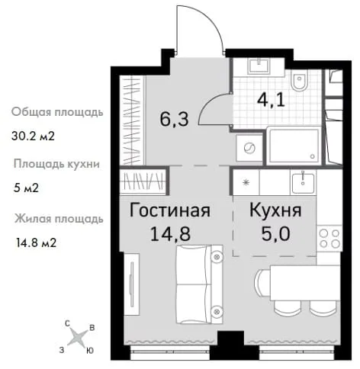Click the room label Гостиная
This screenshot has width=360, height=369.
point(170,210)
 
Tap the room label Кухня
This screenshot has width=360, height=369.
point(275,210)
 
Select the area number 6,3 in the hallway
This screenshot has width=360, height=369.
point(175,119)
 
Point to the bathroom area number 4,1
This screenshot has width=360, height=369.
point(271,100)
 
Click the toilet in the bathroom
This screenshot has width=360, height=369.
point(299,79)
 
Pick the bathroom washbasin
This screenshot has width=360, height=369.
point(259,66)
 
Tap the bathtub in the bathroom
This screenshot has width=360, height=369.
point(294,146)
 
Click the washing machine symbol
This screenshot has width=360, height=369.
point(249,148)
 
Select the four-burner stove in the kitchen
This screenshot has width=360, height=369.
point(329,239)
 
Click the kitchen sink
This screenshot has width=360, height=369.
point(303,182)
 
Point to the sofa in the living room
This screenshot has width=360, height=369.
point(199,284)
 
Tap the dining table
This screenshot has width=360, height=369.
point(305,283)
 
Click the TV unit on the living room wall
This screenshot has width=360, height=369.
point(132,284)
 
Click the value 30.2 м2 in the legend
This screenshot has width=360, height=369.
point(33,136)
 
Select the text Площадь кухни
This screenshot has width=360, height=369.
point(56,164)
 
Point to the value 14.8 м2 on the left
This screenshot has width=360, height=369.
point(36,242)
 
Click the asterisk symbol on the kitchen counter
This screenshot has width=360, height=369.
point(246,182)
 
